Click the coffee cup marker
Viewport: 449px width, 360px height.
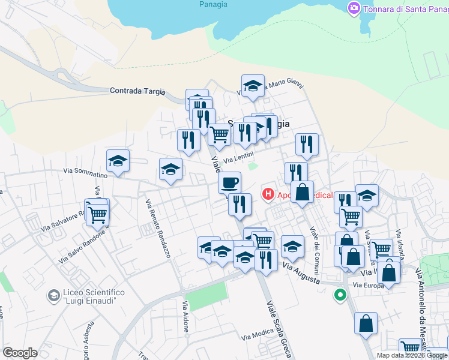point(229,182)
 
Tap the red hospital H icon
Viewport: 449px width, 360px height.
point(268,194)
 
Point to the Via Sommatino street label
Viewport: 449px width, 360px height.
point(85,172)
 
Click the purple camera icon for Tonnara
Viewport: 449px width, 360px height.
point(354,8)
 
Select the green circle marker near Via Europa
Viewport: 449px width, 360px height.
point(340,295)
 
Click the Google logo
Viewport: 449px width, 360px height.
point(20,353)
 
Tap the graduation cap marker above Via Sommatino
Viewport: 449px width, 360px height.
point(118,161)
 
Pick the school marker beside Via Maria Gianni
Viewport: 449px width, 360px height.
point(253,86)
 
